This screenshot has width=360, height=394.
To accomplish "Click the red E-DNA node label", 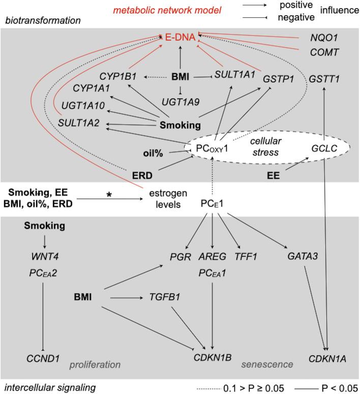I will [x=180, y=37].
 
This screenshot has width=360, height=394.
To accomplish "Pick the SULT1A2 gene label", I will [x=78, y=123].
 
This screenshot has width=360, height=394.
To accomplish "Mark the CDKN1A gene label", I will [x=327, y=358].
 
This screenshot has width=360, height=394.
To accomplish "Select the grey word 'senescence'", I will [x=267, y=365].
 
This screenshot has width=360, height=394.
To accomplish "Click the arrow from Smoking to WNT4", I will [x=45, y=240].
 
